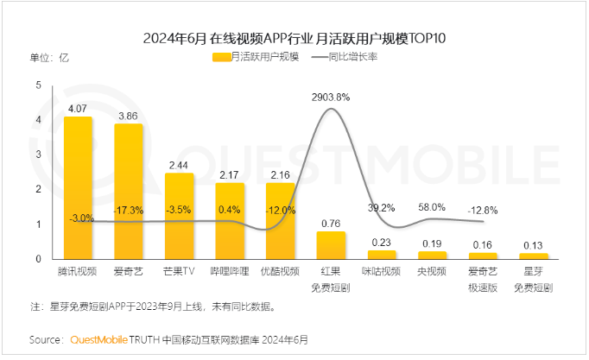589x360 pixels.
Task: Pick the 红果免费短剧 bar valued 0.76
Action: [x=331, y=245]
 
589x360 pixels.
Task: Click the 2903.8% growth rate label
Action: [x=331, y=98]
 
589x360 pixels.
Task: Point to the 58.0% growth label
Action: [x=432, y=207]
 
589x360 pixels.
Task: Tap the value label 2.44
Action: [x=179, y=165]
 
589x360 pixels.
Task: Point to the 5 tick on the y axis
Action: [x=38, y=85]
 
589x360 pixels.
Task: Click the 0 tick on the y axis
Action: [x=38, y=258]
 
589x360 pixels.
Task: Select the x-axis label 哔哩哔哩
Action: [x=230, y=271]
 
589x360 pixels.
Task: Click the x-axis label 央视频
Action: [x=432, y=271]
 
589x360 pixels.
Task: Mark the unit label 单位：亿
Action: [x=49, y=57]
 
